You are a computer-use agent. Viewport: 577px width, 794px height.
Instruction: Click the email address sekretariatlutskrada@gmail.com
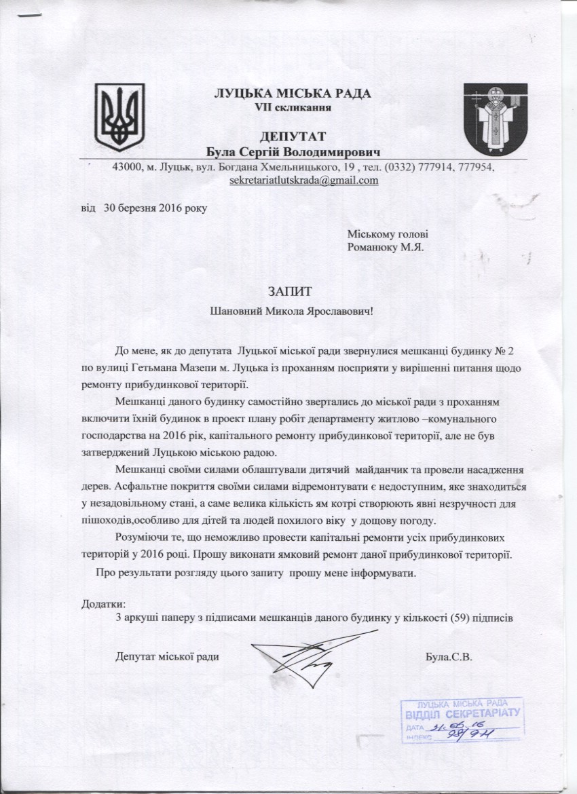[x=305, y=181]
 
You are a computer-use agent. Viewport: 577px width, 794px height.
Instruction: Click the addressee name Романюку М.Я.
[x=385, y=247]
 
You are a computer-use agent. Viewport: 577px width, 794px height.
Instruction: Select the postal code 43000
[x=128, y=167]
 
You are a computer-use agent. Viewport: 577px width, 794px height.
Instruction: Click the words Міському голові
[x=387, y=234]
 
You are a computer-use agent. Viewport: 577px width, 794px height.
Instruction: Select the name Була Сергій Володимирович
[x=293, y=150]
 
